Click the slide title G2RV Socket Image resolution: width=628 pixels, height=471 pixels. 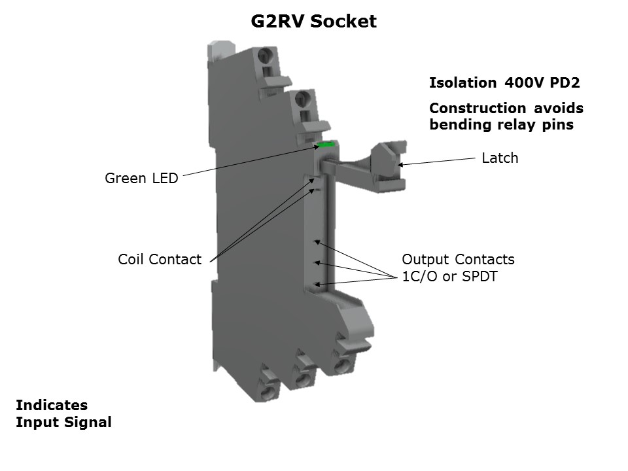(x=314, y=22)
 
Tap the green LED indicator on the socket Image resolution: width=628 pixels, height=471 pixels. (x=325, y=145)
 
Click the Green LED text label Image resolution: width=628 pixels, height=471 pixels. (x=141, y=178)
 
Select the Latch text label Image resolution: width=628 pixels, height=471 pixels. (x=500, y=158)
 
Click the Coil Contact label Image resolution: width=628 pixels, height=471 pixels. (x=160, y=259)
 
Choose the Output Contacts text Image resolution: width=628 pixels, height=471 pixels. (x=458, y=259)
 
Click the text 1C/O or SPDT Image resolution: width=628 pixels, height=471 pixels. (x=449, y=277)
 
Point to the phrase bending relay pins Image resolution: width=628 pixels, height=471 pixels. (x=501, y=125)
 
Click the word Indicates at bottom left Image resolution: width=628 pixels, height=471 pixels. (x=52, y=405)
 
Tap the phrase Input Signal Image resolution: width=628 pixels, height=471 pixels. (x=63, y=423)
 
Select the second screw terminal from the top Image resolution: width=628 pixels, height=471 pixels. (x=303, y=99)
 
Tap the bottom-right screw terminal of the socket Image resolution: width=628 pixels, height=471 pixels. (x=341, y=364)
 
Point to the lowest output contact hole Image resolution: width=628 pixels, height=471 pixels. (x=317, y=284)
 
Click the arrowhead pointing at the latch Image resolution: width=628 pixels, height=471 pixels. (x=401, y=164)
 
